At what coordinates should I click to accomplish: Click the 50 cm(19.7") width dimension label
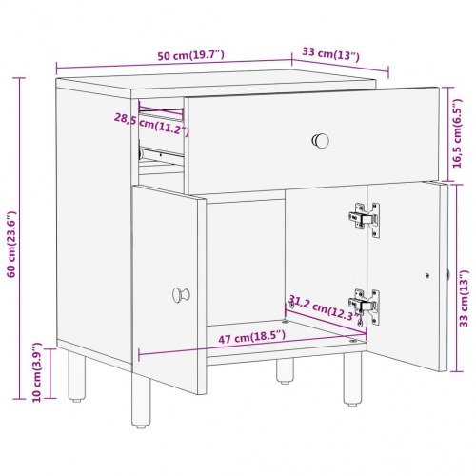191,55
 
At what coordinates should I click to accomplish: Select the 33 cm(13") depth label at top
330,54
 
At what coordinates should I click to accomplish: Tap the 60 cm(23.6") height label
11,244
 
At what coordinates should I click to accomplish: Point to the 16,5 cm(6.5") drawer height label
457,133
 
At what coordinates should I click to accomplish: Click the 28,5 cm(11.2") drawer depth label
151,124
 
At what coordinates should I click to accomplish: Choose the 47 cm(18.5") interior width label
252,337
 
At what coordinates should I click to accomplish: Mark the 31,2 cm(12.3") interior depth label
325,307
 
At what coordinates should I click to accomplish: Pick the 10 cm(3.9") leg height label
37,372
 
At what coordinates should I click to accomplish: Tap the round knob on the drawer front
321,141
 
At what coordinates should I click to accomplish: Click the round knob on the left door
181,295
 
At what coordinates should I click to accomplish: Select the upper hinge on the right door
365,220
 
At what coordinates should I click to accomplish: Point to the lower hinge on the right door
365,307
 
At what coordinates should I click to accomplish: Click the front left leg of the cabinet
141,401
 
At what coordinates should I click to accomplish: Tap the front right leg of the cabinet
352,378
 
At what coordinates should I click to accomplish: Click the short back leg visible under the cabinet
285,370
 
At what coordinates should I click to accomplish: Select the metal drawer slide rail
161,155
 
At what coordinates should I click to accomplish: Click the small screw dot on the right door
427,275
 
